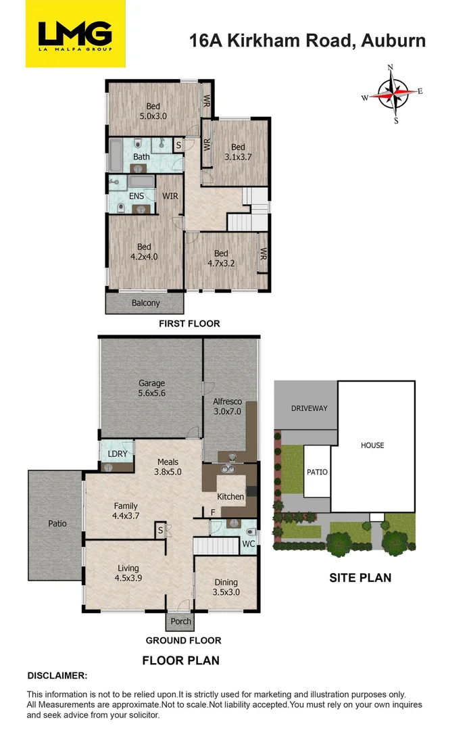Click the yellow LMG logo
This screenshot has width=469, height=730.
75,34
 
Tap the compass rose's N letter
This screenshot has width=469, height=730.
391,68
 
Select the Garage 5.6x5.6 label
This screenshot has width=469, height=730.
152,388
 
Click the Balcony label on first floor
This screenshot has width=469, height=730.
146,303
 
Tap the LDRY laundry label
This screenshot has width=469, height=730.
117,453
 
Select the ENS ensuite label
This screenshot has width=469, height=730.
136,196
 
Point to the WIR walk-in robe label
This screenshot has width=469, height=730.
170,196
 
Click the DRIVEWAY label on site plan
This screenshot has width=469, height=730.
309,408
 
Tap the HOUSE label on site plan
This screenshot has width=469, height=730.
372,445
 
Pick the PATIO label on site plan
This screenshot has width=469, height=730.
317,472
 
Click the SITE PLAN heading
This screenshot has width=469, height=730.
360,578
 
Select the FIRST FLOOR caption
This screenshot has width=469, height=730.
189,324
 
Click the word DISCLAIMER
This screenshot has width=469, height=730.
57,675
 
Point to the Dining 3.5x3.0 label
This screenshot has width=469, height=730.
226,587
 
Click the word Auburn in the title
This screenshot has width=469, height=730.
393,40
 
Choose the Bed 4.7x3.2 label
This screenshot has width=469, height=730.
221,259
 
